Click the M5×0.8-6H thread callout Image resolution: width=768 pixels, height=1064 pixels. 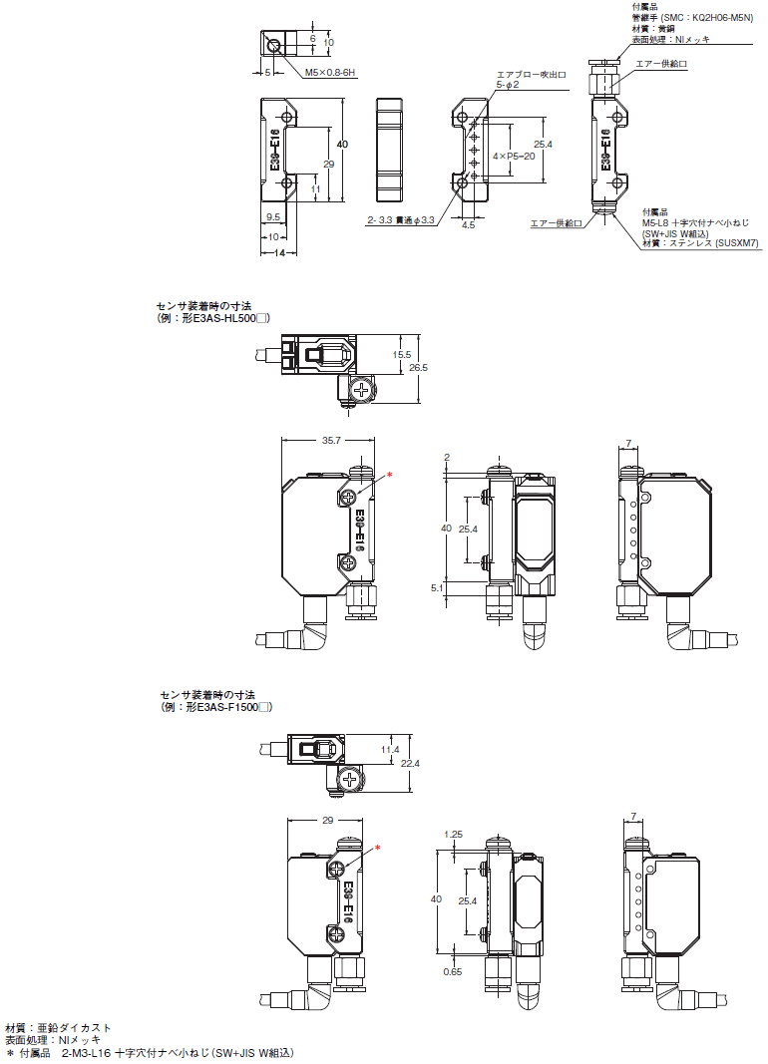[330, 73]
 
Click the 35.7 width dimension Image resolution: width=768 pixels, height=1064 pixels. [331, 441]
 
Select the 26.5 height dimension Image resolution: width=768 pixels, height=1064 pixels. [419, 367]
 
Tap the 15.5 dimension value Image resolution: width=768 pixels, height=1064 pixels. [402, 354]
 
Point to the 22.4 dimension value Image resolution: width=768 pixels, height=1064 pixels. [410, 764]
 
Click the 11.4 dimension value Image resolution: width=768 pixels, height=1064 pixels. [390, 750]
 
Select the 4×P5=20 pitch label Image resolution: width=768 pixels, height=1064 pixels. [514, 157]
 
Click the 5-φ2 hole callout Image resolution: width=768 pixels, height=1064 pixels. [508, 85]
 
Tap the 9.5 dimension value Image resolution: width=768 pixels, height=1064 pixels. [273, 217]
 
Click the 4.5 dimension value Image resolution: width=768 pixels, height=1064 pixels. [468, 225]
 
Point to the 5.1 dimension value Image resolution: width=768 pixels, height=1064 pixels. [437, 588]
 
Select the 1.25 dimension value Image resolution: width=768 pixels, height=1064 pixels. [453, 835]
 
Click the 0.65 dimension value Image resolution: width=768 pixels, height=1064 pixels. [453, 971]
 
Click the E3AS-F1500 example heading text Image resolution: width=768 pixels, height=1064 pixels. [216, 707]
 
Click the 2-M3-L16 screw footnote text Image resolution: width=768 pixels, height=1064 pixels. [178, 1052]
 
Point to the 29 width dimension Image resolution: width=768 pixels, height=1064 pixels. [328, 821]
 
